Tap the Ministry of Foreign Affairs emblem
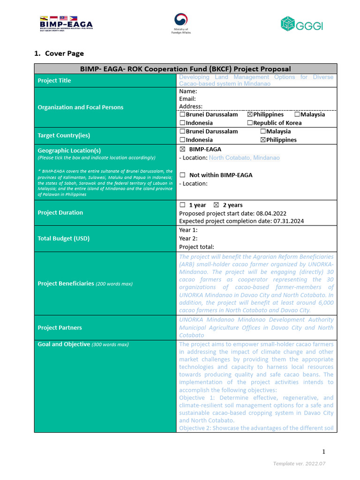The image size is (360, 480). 180,23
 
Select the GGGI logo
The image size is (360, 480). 301,24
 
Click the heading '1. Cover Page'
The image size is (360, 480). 59,53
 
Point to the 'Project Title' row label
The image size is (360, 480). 54,81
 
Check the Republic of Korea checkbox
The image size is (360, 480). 250,123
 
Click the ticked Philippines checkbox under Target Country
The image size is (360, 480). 263,140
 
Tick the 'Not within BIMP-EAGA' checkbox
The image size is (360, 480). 182,175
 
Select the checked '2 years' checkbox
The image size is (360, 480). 216,205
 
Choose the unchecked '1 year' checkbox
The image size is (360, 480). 182,205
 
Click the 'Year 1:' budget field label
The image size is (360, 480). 188,230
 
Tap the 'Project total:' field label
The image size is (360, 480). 196,247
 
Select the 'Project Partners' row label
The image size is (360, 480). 60,328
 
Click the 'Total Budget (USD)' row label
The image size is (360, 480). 63,238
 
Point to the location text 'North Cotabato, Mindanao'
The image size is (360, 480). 244,158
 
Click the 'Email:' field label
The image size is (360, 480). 187,99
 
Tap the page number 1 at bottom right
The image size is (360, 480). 323,451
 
